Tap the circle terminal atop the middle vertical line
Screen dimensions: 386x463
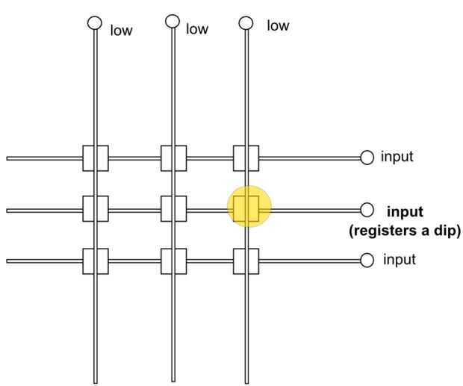[x=173, y=21]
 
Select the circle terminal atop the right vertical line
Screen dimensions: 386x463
[x=246, y=22]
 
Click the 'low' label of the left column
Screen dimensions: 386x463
[x=121, y=32]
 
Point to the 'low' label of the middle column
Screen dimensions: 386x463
[x=197, y=29]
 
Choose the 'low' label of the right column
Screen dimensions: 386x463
[x=277, y=26]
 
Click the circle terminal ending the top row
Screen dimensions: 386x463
[x=367, y=158]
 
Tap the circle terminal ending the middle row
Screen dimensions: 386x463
[x=367, y=209]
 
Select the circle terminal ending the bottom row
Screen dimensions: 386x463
[x=367, y=260]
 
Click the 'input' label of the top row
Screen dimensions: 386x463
[x=397, y=158]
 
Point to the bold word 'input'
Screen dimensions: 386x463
[x=405, y=211]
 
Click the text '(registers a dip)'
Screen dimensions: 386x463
[x=404, y=231]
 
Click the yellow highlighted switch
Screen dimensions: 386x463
[x=246, y=208]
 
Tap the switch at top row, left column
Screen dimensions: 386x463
[x=96, y=158]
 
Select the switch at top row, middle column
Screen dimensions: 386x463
[x=173, y=158]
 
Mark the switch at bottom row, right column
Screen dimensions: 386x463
[x=246, y=261]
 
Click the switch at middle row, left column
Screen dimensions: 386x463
[x=96, y=208]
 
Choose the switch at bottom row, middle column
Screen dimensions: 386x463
[x=173, y=261]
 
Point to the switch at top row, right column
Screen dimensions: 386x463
[x=246, y=158]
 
